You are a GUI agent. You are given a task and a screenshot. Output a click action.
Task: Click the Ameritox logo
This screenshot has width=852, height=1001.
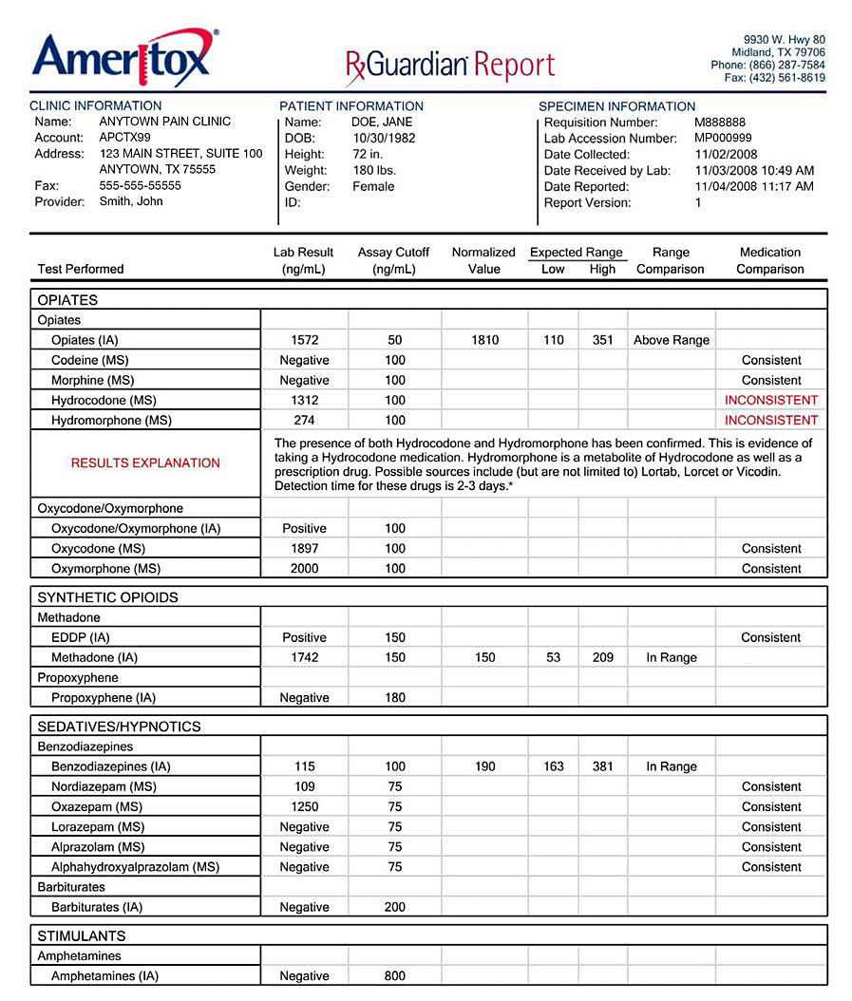[124, 58]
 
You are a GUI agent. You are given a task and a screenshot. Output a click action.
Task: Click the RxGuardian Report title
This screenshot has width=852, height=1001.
[450, 65]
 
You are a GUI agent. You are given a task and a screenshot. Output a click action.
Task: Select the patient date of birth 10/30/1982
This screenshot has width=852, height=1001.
[384, 138]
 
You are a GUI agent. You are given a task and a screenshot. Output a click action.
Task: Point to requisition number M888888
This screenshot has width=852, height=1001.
[720, 123]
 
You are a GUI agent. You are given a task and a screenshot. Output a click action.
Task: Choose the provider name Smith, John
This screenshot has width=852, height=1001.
[131, 201]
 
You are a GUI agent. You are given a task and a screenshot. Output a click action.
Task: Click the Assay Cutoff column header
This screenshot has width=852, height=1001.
[393, 260]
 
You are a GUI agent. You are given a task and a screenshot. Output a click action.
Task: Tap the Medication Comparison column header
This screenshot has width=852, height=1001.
[769, 260]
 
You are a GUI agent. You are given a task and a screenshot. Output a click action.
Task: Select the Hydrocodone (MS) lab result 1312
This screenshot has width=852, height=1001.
[304, 400]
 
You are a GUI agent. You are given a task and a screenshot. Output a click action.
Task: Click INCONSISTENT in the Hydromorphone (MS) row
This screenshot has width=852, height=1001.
[770, 420]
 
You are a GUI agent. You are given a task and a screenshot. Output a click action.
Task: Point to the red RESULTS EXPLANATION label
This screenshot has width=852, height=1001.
[145, 463]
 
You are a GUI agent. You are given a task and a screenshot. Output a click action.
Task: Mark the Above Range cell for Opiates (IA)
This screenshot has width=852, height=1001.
[671, 340]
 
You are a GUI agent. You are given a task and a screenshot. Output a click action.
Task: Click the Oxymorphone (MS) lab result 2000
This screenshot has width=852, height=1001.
[304, 569]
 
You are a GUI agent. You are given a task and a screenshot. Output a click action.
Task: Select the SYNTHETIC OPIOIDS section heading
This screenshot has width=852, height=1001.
[107, 597]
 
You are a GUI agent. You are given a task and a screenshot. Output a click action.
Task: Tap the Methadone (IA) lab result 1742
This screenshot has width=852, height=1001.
[304, 657]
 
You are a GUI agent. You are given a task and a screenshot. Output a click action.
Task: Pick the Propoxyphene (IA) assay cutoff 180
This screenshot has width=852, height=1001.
[395, 698]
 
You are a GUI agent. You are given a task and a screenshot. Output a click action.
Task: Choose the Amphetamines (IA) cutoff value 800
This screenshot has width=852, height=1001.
[395, 976]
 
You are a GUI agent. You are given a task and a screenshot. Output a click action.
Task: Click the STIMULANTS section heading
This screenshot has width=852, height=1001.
[81, 936]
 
